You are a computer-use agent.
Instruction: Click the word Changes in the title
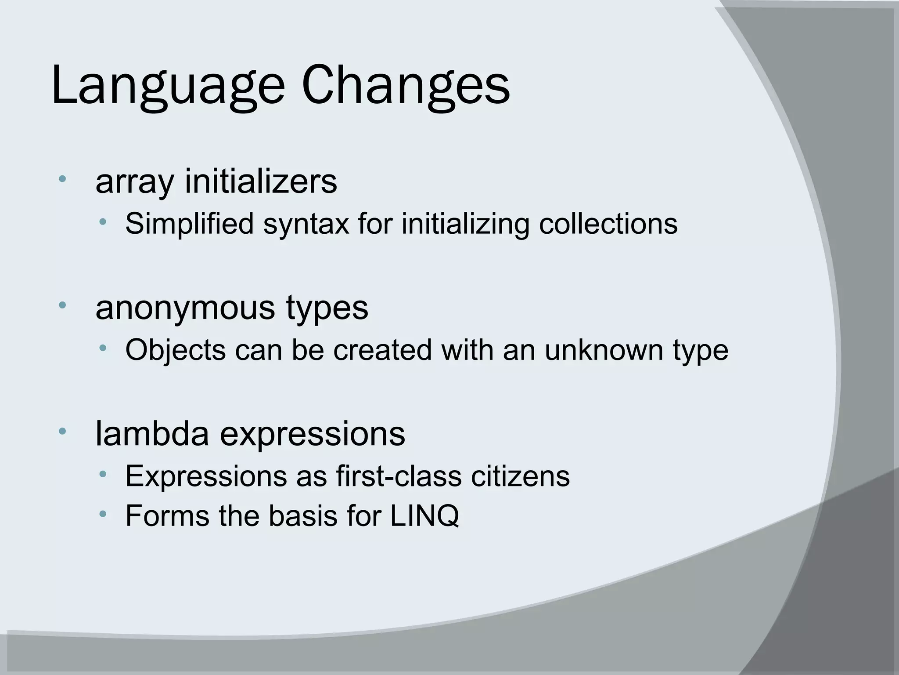pyautogui.click(x=406, y=86)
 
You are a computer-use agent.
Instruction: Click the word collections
pyautogui.click(x=608, y=223)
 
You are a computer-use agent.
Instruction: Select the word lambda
pyautogui.click(x=152, y=434)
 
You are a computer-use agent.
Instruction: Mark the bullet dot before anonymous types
pyautogui.click(x=62, y=305)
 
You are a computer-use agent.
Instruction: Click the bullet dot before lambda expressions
pyautogui.click(x=62, y=431)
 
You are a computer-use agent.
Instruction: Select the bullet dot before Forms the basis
pyautogui.click(x=103, y=513)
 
